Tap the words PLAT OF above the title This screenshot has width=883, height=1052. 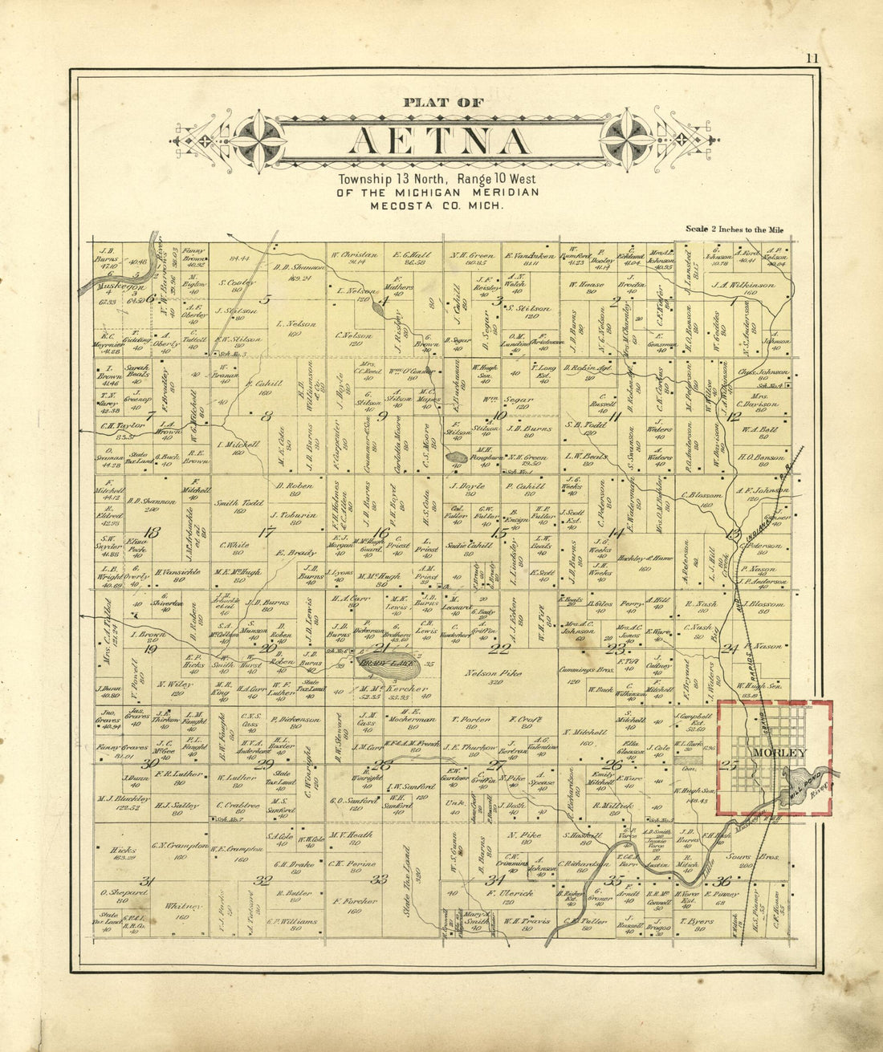[x=444, y=102]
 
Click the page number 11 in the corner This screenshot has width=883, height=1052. [x=812, y=58]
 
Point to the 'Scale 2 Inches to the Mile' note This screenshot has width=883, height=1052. [x=734, y=229]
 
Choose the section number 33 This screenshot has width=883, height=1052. [x=379, y=879]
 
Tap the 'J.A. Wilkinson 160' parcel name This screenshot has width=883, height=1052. [x=747, y=284]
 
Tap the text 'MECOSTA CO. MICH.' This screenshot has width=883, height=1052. [x=437, y=205]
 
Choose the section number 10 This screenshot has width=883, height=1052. [x=499, y=415]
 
